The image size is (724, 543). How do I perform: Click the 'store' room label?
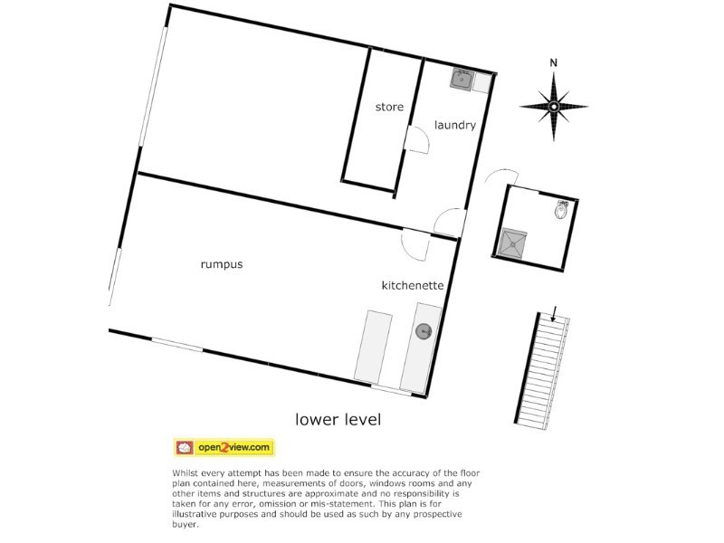point(389,108)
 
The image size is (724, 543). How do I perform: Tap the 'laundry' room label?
point(454,125)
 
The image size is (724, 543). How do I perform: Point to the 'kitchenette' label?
point(413,285)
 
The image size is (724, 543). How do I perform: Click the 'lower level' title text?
point(338,420)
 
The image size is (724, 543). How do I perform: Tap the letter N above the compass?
point(554,62)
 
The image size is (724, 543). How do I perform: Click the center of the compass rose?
point(554,107)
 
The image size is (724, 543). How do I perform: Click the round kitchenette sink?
point(424,332)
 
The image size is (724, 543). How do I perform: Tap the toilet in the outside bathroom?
point(562,211)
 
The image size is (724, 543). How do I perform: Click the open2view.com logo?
point(224,447)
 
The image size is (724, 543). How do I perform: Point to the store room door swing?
point(416,140)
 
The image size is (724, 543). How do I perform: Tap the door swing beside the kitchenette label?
point(414,244)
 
